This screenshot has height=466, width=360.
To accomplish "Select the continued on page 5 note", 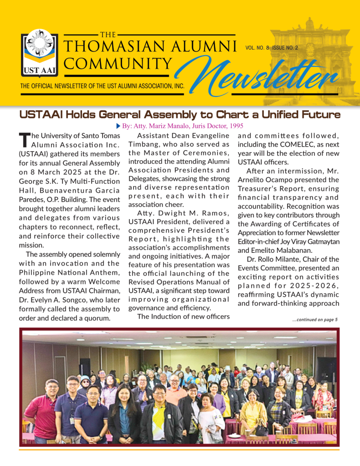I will coord(314,319).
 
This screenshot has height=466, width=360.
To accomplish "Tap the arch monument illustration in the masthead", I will coord(310,59).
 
